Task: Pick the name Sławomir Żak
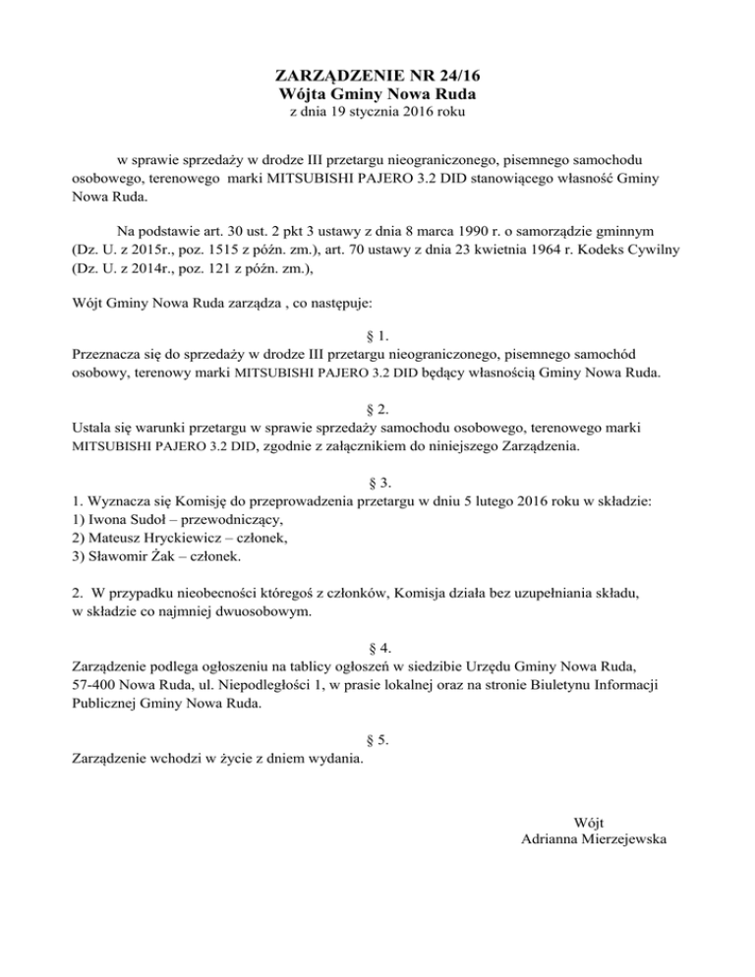pyautogui.click(x=132, y=556)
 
